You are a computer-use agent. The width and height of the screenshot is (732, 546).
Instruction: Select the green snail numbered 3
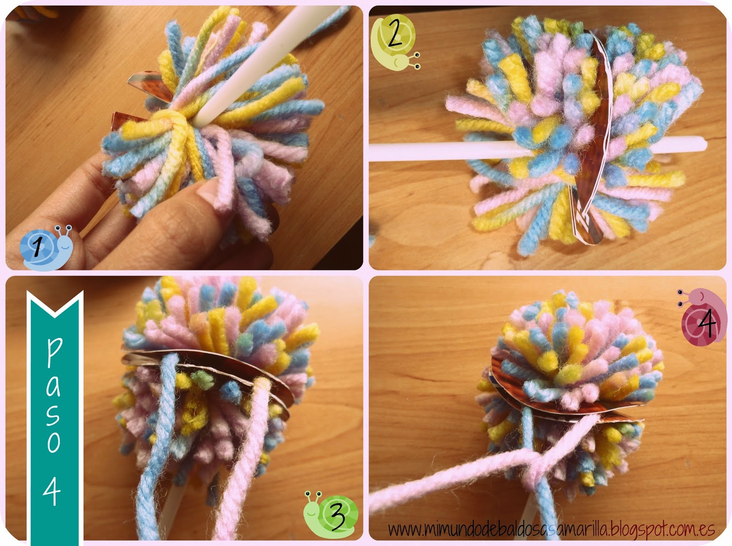[330, 514]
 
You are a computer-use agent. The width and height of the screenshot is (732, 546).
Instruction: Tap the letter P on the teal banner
[54, 353]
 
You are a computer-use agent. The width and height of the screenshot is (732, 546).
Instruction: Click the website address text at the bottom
[552, 529]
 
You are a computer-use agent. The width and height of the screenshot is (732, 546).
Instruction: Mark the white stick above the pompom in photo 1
[267, 63]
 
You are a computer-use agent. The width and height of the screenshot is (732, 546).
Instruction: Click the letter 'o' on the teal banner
[54, 442]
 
